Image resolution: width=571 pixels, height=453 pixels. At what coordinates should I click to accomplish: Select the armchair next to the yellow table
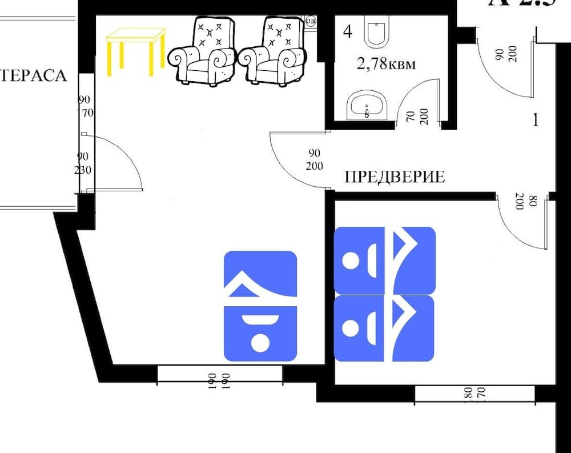point(202,51)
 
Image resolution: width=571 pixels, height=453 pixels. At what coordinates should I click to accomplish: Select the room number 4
point(347,31)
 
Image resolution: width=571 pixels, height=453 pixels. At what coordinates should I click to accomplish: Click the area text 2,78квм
point(385,63)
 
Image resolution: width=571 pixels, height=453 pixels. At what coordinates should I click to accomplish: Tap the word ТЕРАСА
point(34,75)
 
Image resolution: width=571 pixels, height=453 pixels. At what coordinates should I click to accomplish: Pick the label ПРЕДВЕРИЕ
point(395,177)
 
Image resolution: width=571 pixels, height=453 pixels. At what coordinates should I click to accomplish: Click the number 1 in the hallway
point(535,120)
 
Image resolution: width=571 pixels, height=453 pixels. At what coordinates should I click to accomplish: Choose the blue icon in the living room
point(260,306)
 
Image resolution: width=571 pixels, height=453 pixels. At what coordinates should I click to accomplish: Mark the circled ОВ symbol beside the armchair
point(311,21)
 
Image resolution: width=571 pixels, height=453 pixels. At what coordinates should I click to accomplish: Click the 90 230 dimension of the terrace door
point(83,163)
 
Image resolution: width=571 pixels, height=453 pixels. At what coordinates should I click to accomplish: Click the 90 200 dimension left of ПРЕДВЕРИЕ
point(314,160)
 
